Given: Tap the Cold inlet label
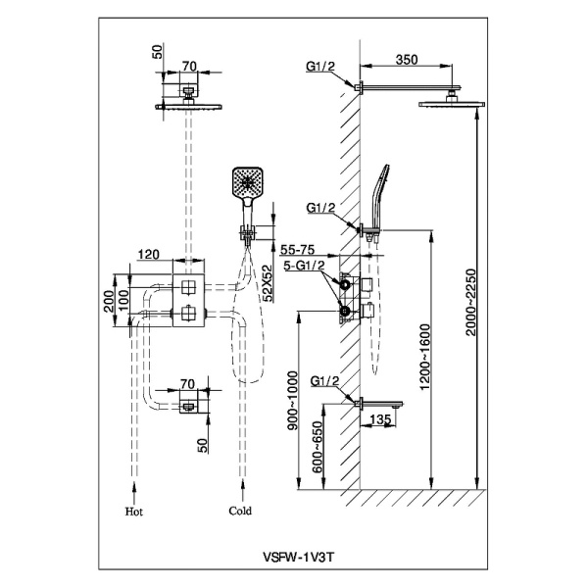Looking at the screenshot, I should [x=240, y=511].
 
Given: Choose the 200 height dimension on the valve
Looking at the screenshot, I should [x=111, y=298].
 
